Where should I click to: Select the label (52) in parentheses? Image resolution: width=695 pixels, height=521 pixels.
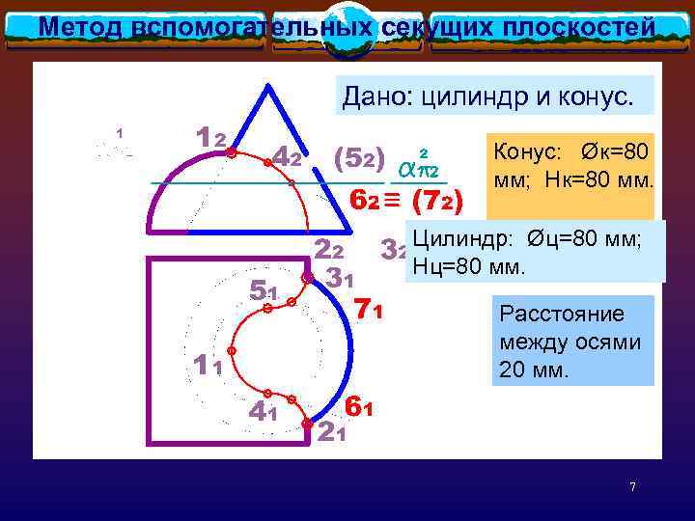[x=358, y=156]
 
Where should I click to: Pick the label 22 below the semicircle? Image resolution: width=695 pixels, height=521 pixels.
[x=330, y=249]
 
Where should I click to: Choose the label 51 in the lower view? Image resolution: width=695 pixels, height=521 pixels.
[x=263, y=289]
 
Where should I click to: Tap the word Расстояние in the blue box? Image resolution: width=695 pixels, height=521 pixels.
[x=548, y=315]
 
